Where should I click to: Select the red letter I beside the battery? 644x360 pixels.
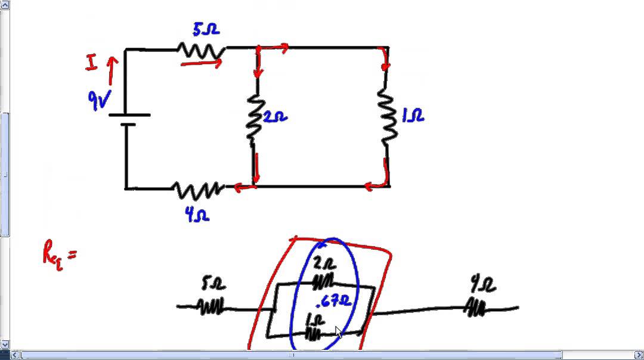91,63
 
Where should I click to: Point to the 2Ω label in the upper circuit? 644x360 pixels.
275,118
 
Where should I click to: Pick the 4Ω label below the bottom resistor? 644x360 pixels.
197,215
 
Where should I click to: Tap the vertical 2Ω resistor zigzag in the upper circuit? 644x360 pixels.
254,117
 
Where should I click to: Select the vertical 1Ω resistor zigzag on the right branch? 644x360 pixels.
388,116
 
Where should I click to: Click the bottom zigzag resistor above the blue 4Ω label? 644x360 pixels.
197,190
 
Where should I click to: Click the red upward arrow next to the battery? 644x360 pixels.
110,70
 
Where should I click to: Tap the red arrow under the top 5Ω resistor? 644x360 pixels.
201,61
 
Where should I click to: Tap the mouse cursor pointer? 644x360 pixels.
339,332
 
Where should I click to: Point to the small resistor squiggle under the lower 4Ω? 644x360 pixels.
475,308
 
